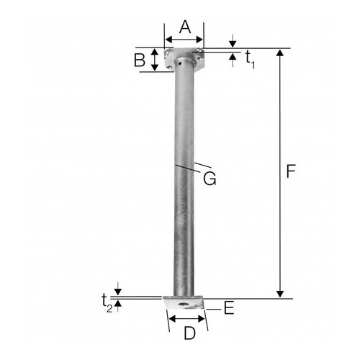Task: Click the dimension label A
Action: pyautogui.click(x=185, y=27)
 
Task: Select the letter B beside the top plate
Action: pyautogui.click(x=140, y=60)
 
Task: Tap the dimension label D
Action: pyautogui.click(x=189, y=333)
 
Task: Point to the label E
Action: pyautogui.click(x=229, y=308)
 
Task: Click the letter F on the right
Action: pyautogui.click(x=291, y=171)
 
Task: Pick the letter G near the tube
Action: pyautogui.click(x=210, y=179)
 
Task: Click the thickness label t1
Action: pyautogui.click(x=250, y=60)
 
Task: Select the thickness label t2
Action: pyautogui.click(x=107, y=303)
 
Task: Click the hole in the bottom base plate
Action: pyautogui.click(x=184, y=304)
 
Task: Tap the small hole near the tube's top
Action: pyautogui.click(x=180, y=64)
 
